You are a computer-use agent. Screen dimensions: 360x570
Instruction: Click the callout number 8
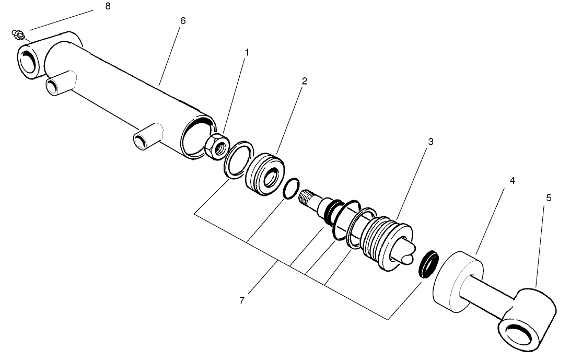click(108, 7)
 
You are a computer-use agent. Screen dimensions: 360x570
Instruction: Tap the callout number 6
click(182, 20)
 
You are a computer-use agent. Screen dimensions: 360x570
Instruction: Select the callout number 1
click(247, 52)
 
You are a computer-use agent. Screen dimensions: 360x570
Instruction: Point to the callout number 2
click(304, 81)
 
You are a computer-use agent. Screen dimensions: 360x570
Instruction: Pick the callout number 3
click(431, 142)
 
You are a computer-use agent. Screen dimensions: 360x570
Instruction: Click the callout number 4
click(512, 181)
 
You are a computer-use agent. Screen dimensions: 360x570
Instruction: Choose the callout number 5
click(548, 198)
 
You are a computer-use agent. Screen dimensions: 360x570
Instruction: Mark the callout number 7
click(241, 301)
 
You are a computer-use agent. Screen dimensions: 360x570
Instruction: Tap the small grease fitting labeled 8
click(18, 35)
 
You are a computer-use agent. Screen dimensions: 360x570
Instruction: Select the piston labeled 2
click(265, 174)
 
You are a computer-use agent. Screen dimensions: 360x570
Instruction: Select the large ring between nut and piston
click(236, 157)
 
